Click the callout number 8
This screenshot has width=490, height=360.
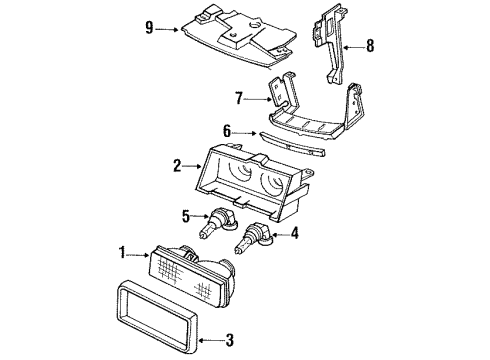[371, 44]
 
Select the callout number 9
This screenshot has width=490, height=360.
[150, 29]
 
